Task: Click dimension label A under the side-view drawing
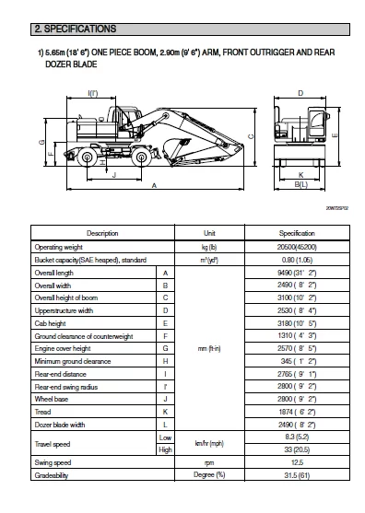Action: [153, 185]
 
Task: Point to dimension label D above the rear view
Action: [300, 93]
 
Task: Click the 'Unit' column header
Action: [209, 233]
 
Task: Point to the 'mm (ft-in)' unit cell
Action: [209, 349]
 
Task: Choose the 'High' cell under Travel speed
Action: [165, 449]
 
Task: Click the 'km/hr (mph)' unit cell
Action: [209, 443]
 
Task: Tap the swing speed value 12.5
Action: [296, 462]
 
